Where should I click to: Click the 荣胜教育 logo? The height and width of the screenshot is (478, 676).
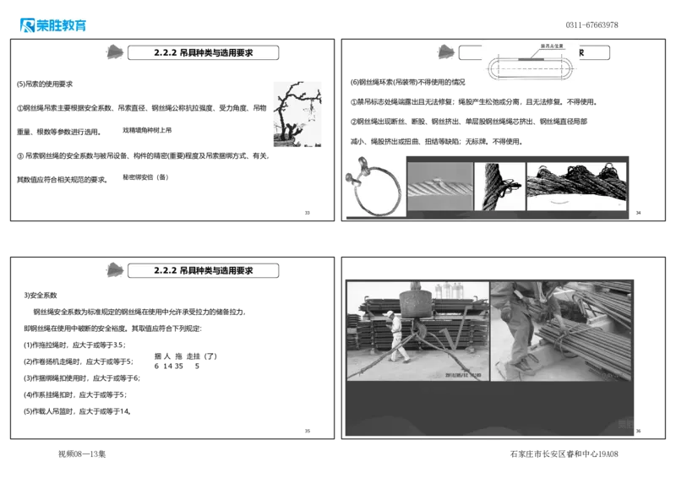click(x=52, y=24)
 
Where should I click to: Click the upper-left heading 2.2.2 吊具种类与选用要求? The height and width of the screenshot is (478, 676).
click(x=204, y=52)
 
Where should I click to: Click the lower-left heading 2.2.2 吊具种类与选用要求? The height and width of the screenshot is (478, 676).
click(x=204, y=270)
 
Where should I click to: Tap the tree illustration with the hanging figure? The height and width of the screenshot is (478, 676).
click(x=297, y=115)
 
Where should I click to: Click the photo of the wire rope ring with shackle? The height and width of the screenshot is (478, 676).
click(x=374, y=187)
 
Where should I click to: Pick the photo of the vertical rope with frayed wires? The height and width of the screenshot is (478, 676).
click(x=499, y=187)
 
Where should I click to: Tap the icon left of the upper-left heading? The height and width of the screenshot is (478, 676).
click(x=112, y=52)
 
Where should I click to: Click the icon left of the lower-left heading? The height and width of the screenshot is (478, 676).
click(x=112, y=270)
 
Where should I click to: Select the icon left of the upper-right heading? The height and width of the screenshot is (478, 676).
click(x=444, y=52)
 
